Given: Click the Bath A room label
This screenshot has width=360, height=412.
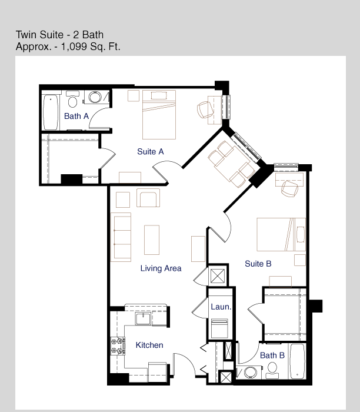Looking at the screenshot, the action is (x=76, y=116).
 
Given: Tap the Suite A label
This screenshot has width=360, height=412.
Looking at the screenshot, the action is (x=151, y=152).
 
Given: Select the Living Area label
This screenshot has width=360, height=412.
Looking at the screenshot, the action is (x=161, y=268).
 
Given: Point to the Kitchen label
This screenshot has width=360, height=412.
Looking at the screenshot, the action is (x=149, y=345).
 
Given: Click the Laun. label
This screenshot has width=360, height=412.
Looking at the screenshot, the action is (x=221, y=307).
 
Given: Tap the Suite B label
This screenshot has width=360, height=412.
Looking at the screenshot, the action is (x=258, y=264).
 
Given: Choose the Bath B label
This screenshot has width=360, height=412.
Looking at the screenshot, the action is (x=272, y=355).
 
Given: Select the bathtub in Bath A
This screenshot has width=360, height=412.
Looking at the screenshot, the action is (x=51, y=112).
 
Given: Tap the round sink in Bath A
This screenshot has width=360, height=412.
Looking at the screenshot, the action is (x=95, y=97).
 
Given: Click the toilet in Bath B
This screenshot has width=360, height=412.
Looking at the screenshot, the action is (x=272, y=370).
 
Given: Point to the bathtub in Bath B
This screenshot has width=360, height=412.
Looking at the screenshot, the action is (x=297, y=361).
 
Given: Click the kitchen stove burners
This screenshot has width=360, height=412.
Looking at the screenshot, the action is (x=118, y=346).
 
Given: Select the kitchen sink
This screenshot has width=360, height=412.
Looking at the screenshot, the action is (x=143, y=319).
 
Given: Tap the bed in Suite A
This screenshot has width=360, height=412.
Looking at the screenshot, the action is (x=159, y=115).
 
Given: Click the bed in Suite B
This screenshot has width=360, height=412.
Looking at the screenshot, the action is (x=281, y=234).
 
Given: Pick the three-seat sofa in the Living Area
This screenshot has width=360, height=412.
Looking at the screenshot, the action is (x=121, y=237).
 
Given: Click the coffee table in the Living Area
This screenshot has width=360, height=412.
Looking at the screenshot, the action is (x=152, y=240).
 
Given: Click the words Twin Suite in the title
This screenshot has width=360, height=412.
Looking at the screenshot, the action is (x=39, y=35).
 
